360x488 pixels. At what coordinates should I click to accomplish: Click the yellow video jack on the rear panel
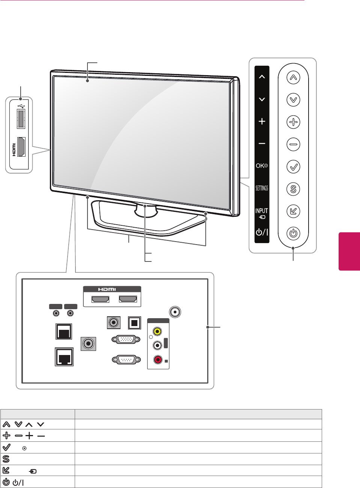[158, 331]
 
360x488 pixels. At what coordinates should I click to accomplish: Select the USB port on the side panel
[21, 118]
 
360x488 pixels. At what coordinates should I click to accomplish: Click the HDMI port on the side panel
[21, 147]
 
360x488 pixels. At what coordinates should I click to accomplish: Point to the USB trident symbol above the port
[21, 106]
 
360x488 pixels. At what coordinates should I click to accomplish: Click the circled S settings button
[293, 189]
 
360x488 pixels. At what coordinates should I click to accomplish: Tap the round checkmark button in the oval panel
[293, 166]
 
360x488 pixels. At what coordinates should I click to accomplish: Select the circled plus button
[293, 122]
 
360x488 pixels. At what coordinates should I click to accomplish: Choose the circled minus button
[293, 144]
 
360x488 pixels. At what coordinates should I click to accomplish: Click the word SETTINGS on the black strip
[262, 188]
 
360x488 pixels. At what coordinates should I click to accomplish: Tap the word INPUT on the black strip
[262, 211]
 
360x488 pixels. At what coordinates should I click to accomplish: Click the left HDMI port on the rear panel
[101, 299]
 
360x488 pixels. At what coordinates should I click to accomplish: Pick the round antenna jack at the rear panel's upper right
[175, 312]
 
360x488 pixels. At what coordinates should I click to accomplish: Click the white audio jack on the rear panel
[158, 345]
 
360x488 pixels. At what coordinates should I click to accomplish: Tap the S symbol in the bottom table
[6, 459]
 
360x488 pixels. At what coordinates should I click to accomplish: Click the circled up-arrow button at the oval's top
[293, 78]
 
